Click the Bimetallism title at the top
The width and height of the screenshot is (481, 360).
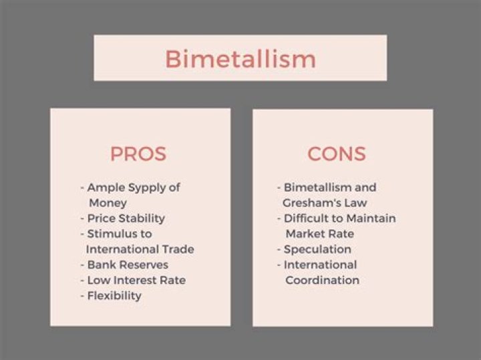240,58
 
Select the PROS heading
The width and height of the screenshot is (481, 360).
138,154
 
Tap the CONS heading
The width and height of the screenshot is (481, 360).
336,154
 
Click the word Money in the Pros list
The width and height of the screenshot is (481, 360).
108,202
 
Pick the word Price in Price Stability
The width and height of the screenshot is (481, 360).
101,218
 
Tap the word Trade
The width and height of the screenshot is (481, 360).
177,249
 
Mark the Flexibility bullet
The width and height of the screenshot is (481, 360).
114,295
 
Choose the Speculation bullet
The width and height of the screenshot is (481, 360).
317,249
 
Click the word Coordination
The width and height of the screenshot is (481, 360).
322,280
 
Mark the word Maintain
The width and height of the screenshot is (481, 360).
371,218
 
